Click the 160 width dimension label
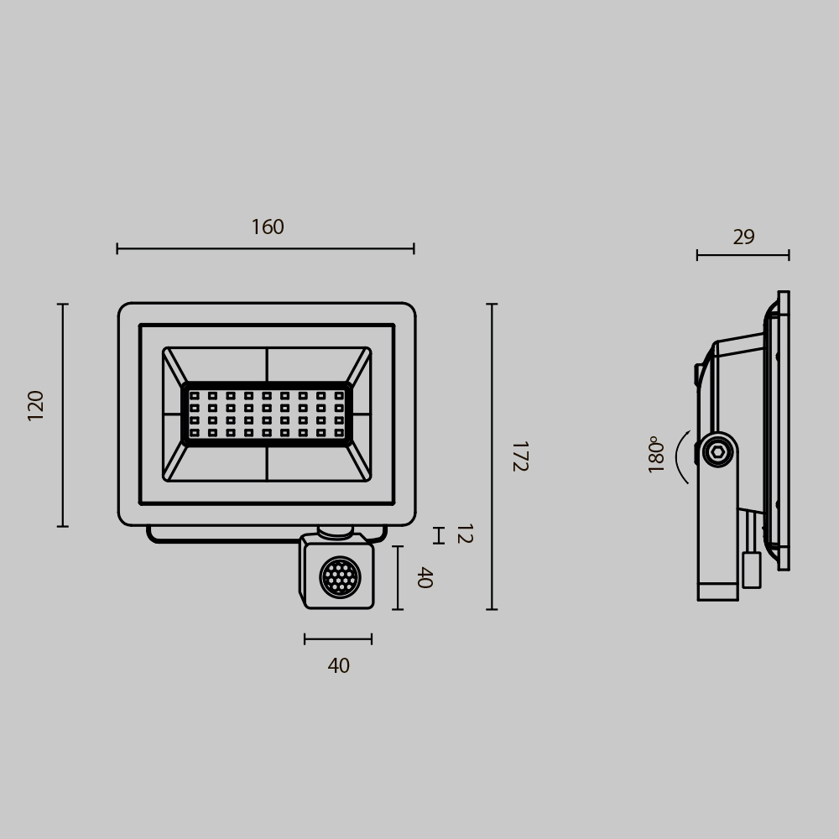coord(268,227)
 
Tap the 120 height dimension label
coord(36,405)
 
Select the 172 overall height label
coord(519,456)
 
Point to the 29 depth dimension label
coord(743,237)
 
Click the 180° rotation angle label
coord(656,454)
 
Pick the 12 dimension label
coord(463,534)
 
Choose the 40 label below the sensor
coord(338,666)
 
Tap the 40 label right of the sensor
coord(425,577)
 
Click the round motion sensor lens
coord(340,577)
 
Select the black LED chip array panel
coord(267,414)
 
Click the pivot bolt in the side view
coord(717,451)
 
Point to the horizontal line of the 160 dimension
coord(265,248)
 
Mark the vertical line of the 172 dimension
coord(492,456)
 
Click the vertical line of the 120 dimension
coord(63,415)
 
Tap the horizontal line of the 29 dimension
coord(743,255)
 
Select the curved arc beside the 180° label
coord(681,457)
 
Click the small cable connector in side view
coord(751,570)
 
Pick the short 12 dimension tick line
coord(438,535)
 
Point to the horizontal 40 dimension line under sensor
coord(338,639)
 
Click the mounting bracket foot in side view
coord(717,591)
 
